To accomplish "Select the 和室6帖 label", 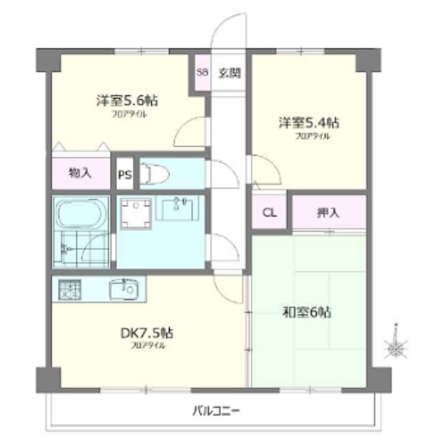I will pyautogui.click(x=307, y=312).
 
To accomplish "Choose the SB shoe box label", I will pyautogui.click(x=202, y=72).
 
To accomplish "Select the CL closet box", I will pyautogui.click(x=269, y=212).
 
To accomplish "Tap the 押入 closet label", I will pyautogui.click(x=328, y=212).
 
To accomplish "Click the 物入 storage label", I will pyautogui.click(x=81, y=173).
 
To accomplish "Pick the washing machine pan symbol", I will pyautogui.click(x=136, y=214).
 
